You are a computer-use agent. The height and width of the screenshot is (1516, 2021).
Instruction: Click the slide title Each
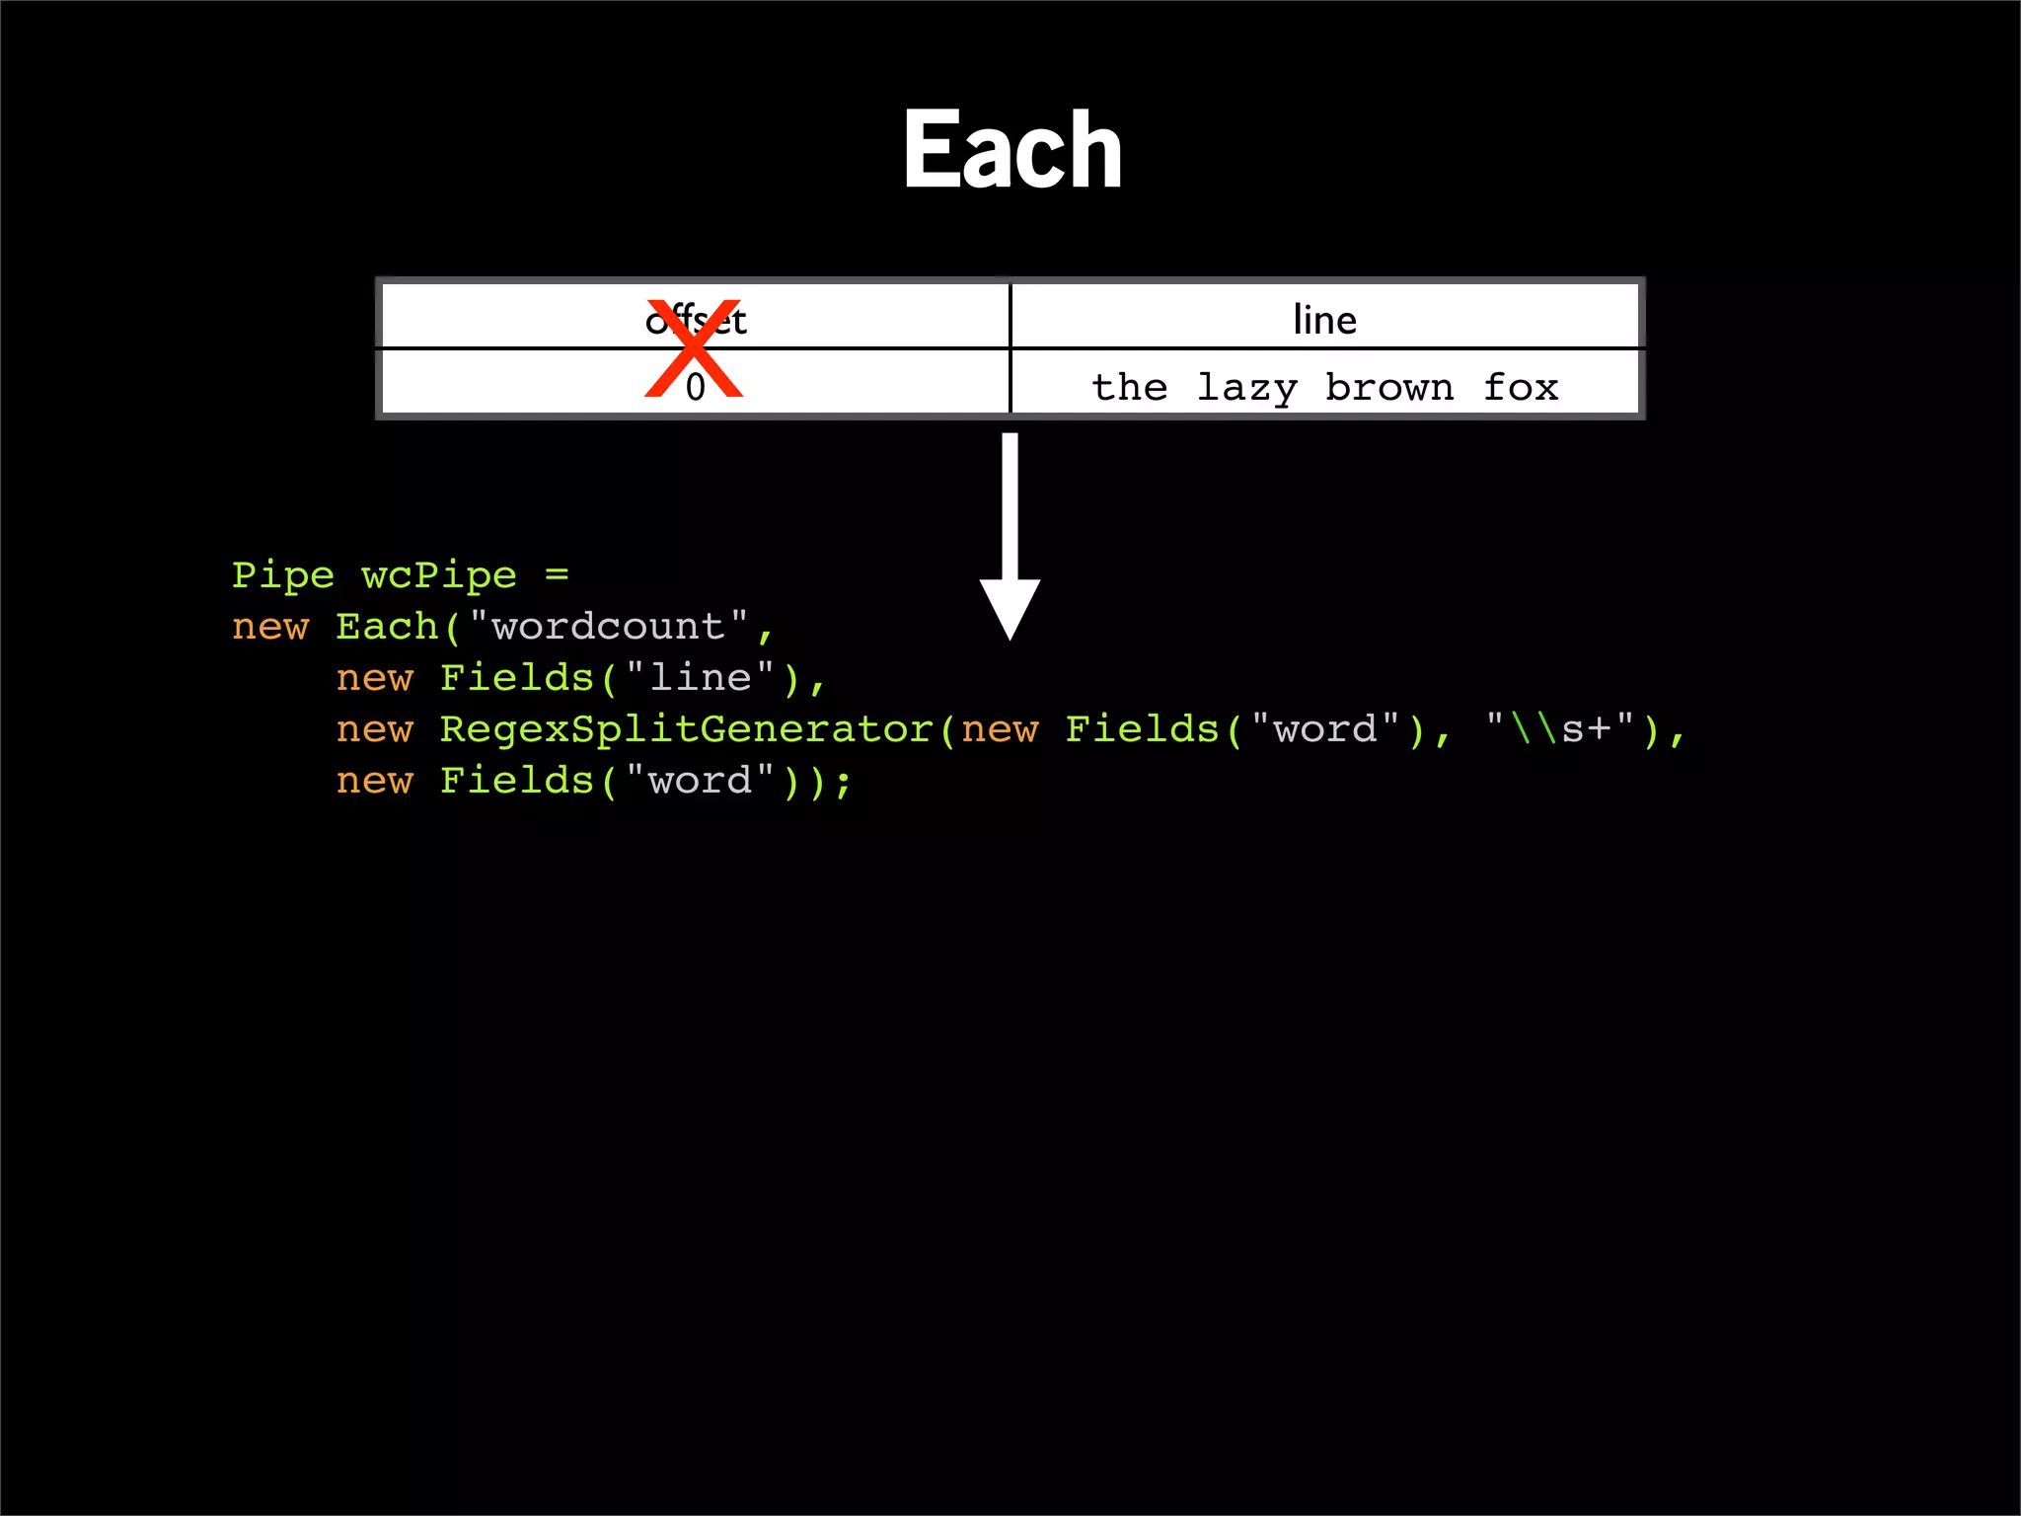(1012, 150)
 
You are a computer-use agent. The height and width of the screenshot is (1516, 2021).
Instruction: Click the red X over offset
(694, 348)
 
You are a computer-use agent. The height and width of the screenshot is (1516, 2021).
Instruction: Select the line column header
(1324, 320)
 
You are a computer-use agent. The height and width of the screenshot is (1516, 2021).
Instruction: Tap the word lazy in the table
(1246, 388)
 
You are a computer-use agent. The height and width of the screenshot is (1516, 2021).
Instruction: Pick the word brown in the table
(1389, 387)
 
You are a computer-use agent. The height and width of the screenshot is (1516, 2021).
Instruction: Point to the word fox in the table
(1521, 387)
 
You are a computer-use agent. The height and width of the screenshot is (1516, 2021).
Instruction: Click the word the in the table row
(1130, 387)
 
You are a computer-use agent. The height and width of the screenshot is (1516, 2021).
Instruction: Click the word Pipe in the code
(283, 575)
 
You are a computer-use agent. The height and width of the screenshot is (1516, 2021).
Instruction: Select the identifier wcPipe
(438, 575)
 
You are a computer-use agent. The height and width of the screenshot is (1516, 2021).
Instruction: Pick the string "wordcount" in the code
(608, 627)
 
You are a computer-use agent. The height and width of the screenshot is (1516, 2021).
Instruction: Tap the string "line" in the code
(700, 678)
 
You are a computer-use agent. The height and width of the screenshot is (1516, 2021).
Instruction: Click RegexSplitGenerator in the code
(686, 729)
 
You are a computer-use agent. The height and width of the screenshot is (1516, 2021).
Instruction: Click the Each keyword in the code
(387, 627)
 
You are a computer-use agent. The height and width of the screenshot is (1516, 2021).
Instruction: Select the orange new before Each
(270, 628)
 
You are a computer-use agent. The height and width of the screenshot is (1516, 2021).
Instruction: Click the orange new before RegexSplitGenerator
(374, 730)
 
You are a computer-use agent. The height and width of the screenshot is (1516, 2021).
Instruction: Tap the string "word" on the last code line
(700, 781)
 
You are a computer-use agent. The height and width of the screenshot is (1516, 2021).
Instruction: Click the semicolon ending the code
(843, 783)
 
